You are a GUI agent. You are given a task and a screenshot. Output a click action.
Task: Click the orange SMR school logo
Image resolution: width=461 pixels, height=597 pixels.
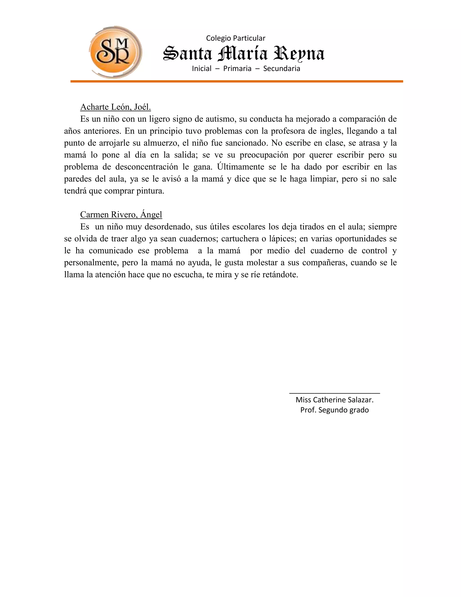point(115,52)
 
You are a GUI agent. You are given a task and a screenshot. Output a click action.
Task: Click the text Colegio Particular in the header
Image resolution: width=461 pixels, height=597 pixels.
point(235,38)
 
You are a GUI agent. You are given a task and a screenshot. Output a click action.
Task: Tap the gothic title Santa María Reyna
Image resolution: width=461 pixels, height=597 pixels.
point(244,53)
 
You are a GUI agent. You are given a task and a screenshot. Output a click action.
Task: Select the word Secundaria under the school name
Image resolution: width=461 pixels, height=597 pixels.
point(282,69)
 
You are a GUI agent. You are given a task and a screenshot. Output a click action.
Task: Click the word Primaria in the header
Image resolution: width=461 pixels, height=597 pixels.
point(237,69)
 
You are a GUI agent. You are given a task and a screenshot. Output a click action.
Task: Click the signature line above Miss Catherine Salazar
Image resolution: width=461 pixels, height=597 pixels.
point(334,393)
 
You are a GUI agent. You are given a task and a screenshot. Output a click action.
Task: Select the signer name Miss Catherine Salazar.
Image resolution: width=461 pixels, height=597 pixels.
point(334,400)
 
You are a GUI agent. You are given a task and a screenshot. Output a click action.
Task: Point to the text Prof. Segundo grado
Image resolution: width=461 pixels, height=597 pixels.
point(334,410)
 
